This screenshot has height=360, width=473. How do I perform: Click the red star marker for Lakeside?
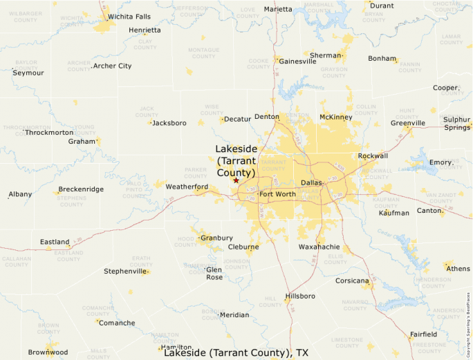click(236, 180)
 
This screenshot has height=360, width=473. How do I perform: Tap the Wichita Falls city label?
click(129, 17)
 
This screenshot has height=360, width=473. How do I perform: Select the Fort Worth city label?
click(277, 194)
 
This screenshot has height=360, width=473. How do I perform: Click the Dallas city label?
click(312, 183)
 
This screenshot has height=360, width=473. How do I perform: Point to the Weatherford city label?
click(187, 187)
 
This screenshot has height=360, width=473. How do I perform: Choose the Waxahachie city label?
click(319, 247)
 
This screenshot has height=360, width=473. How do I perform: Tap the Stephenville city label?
click(125, 271)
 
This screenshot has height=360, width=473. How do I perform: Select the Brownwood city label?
click(48, 352)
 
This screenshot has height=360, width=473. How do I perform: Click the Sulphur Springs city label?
click(456, 123)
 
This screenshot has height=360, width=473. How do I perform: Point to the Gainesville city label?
click(297, 61)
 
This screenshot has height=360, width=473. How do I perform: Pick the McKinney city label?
click(336, 117)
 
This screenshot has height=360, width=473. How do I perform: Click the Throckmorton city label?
click(49, 132)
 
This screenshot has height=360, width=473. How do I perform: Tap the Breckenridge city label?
click(81, 189)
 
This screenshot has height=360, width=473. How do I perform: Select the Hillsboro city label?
click(300, 296)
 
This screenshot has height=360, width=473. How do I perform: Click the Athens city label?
click(458, 268)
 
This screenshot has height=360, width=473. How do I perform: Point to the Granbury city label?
click(216, 238)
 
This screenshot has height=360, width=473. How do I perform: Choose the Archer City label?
click(112, 66)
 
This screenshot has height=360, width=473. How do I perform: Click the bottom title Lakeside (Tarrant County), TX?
click(236, 353)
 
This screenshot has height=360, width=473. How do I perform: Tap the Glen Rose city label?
click(214, 273)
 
